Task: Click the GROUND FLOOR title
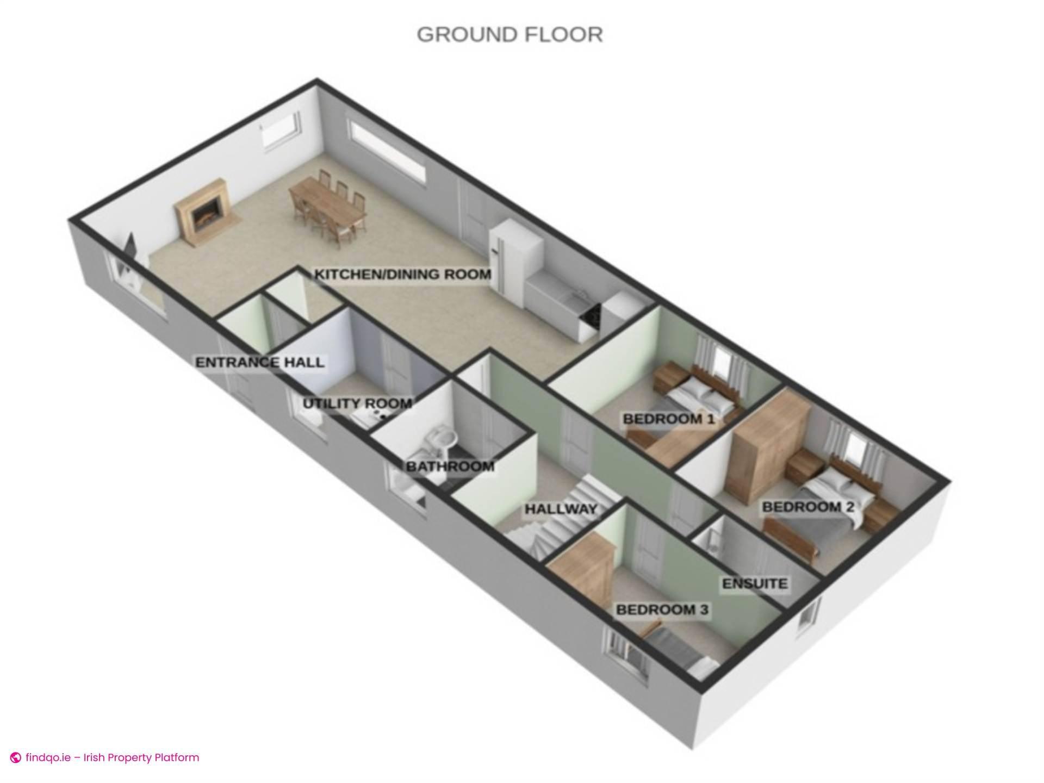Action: pyautogui.click(x=509, y=34)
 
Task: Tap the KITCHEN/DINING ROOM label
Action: pyautogui.click(x=402, y=274)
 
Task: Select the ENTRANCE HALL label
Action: pyautogui.click(x=259, y=363)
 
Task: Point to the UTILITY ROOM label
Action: pyautogui.click(x=357, y=403)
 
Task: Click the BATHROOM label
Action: pyautogui.click(x=450, y=467)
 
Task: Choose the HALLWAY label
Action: pyautogui.click(x=560, y=509)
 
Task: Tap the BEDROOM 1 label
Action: pyautogui.click(x=668, y=419)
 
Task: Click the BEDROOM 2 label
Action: pyautogui.click(x=808, y=507)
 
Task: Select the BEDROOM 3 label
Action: pyautogui.click(x=662, y=610)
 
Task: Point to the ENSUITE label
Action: pyautogui.click(x=754, y=583)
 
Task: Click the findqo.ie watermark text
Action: pyautogui.click(x=112, y=757)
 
